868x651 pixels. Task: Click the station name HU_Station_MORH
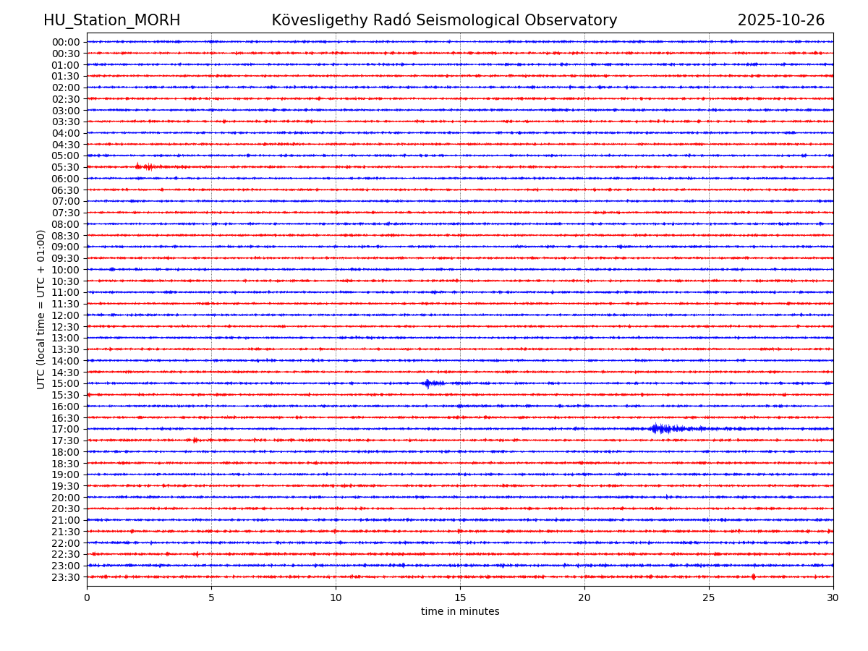pyautogui.click(x=111, y=21)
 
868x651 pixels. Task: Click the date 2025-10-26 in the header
pyautogui.click(x=780, y=21)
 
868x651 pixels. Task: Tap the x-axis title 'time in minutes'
pyautogui.click(x=460, y=612)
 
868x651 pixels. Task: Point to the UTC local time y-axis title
pyautogui.click(x=42, y=309)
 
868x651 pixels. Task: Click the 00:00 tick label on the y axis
pyautogui.click(x=66, y=42)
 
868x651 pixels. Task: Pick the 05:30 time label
pyautogui.click(x=66, y=167)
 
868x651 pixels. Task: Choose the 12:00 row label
pyautogui.click(x=66, y=315)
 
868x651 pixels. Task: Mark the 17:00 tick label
pyautogui.click(x=66, y=429)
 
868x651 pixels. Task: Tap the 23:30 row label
pyautogui.click(x=66, y=577)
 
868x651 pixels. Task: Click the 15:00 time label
pyautogui.click(x=66, y=383)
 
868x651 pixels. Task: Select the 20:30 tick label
pyautogui.click(x=66, y=509)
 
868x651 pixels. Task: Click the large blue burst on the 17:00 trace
pyautogui.click(x=660, y=429)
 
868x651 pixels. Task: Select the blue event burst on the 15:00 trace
pyautogui.click(x=429, y=383)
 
